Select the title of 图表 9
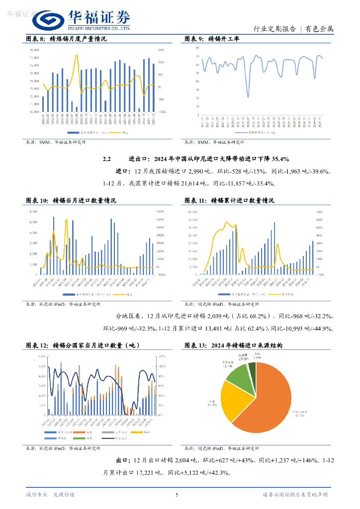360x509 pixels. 211,39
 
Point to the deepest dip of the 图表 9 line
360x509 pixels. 248,96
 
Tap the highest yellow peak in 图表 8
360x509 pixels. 76,55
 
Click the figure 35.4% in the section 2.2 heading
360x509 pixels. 278,159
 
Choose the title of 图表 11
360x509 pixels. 229,201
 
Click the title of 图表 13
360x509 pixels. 233,345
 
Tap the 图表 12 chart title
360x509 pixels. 82,345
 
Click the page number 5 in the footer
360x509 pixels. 177,495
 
